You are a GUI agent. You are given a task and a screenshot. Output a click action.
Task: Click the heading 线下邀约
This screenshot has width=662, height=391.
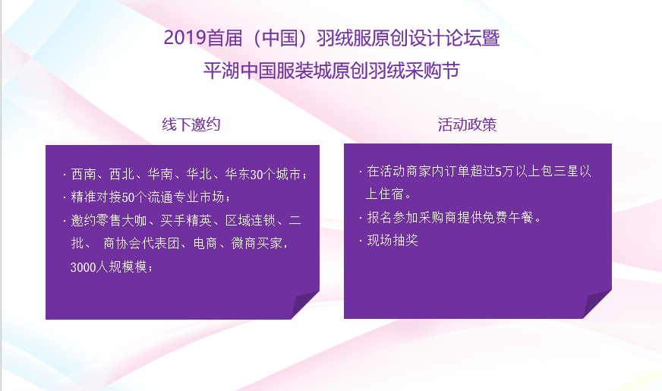tap(191, 125)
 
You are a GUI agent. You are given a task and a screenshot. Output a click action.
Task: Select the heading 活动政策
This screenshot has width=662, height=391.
tap(467, 125)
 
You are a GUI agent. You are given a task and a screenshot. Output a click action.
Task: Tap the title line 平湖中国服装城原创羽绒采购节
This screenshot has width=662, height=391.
tap(332, 71)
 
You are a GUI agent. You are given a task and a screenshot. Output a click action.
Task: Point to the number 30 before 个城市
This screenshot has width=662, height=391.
tap(257, 175)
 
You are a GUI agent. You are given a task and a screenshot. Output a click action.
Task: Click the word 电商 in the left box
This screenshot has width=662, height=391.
tap(205, 244)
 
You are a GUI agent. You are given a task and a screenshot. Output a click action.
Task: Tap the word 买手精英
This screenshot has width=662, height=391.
tap(186, 220)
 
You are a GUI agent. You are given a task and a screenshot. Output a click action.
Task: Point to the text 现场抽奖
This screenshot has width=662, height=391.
tap(392, 240)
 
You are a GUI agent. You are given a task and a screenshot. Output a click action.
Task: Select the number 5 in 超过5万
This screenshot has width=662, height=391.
tap(498, 172)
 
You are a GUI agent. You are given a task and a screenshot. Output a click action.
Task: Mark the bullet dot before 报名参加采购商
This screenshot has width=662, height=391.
tap(361, 218)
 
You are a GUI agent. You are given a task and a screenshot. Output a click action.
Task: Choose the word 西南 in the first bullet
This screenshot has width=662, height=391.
tap(84, 175)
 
